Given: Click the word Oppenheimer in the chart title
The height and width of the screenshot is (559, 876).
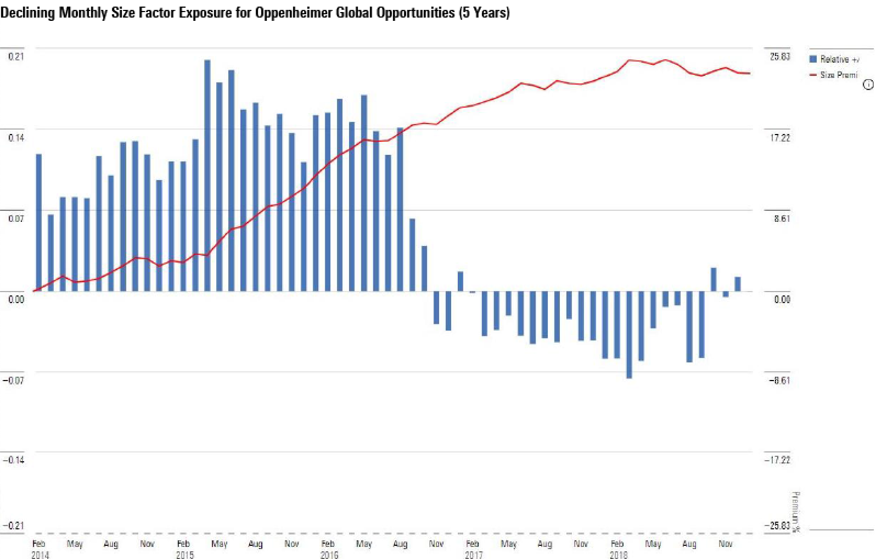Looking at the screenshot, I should pyautogui.click(x=286, y=13).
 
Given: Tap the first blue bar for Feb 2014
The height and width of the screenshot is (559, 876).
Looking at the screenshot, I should pyautogui.click(x=38, y=222).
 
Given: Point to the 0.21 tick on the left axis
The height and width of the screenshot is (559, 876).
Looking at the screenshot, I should pyautogui.click(x=16, y=56).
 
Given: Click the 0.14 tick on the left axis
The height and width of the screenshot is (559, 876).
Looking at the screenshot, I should pyautogui.click(x=16, y=137).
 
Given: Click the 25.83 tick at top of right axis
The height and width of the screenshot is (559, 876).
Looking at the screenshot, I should pyautogui.click(x=780, y=57).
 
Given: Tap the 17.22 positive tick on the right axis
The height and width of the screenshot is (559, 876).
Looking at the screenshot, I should pyautogui.click(x=780, y=137).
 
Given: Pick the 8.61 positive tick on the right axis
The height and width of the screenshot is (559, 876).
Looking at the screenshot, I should pyautogui.click(x=782, y=219).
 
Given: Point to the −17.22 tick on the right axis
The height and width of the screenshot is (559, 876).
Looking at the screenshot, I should pyautogui.click(x=778, y=460).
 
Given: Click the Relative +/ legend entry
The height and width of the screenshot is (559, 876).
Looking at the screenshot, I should pyautogui.click(x=835, y=59).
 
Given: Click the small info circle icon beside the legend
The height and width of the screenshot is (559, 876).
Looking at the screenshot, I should pyautogui.click(x=868, y=85).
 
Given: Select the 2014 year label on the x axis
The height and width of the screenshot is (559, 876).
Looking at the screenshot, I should pyautogui.click(x=40, y=555).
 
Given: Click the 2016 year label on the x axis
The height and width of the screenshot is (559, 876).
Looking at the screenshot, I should pyautogui.click(x=329, y=555).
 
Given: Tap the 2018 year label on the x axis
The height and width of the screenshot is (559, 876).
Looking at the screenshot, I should pyautogui.click(x=618, y=555).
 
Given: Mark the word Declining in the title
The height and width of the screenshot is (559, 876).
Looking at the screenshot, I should pyautogui.click(x=27, y=13).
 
